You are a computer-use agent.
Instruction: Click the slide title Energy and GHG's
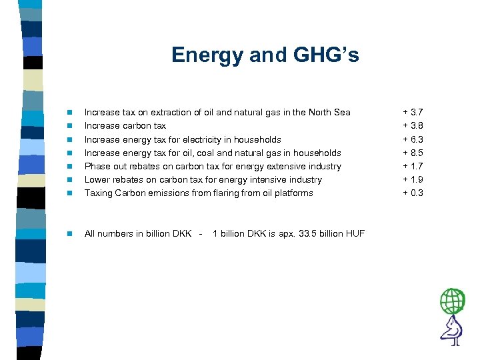265,55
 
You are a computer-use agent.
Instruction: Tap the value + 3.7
413,112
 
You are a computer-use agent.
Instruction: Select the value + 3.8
413,125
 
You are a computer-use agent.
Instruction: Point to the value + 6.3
413,139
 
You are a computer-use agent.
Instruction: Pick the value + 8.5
413,153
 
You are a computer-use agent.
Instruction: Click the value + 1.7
413,166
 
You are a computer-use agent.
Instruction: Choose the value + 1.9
413,179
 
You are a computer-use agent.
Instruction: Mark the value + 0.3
413,193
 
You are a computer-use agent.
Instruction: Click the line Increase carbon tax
125,125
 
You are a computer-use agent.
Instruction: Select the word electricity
215,139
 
